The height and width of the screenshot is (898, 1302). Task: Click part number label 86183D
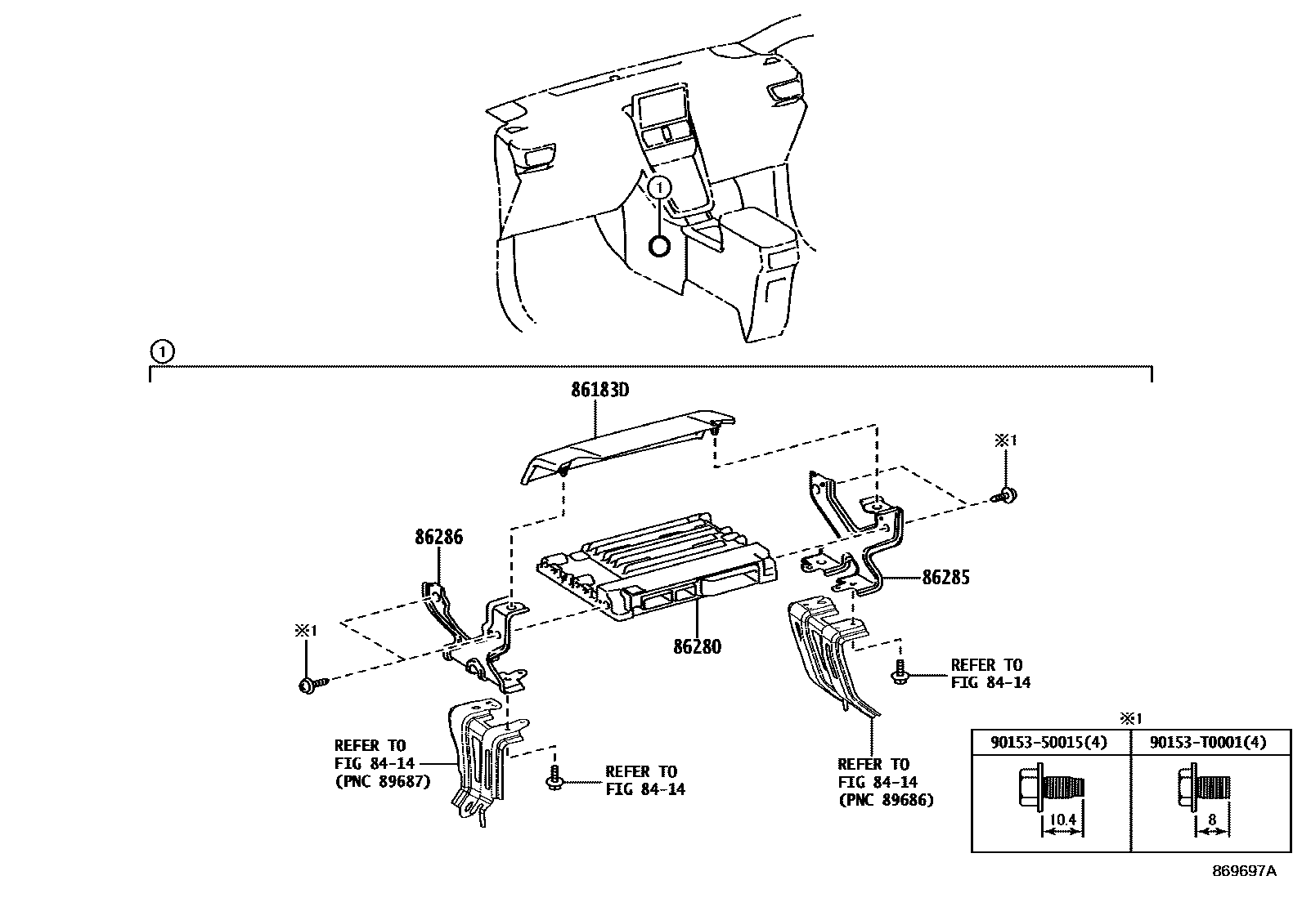pyautogui.click(x=599, y=391)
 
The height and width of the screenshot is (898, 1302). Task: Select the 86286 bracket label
pyautogui.click(x=438, y=537)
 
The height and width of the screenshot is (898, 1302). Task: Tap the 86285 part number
pyautogui.click(x=945, y=578)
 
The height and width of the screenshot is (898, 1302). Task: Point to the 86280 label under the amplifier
pyautogui.click(x=697, y=646)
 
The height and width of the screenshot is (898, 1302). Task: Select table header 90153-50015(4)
pyautogui.click(x=1049, y=742)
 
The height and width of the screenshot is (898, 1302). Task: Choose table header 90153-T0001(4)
pyautogui.click(x=1208, y=742)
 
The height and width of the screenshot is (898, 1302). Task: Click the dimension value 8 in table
pyautogui.click(x=1211, y=819)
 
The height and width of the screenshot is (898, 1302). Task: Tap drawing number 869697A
pyautogui.click(x=1243, y=871)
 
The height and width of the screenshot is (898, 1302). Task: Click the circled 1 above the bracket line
pyautogui.click(x=162, y=352)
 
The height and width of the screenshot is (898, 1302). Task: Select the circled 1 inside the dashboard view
pyautogui.click(x=659, y=187)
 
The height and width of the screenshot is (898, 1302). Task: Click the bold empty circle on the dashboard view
pyautogui.click(x=659, y=244)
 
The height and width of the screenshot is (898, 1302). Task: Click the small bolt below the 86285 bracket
pyautogui.click(x=900, y=674)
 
